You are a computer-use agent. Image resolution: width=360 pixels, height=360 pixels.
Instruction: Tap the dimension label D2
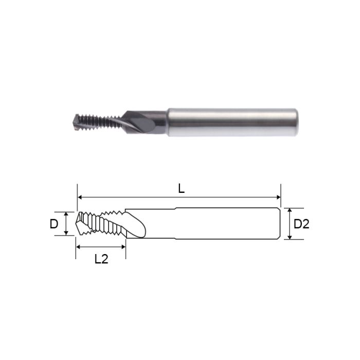pos(301,224)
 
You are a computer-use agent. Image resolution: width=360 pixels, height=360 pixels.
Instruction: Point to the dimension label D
pos(53,224)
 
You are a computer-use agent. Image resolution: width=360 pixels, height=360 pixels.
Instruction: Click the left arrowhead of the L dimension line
pos(80,197)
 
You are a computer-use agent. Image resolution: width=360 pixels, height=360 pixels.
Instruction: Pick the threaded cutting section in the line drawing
pos(103,224)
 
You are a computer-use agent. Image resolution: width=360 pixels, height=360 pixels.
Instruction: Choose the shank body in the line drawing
pos(226,224)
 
